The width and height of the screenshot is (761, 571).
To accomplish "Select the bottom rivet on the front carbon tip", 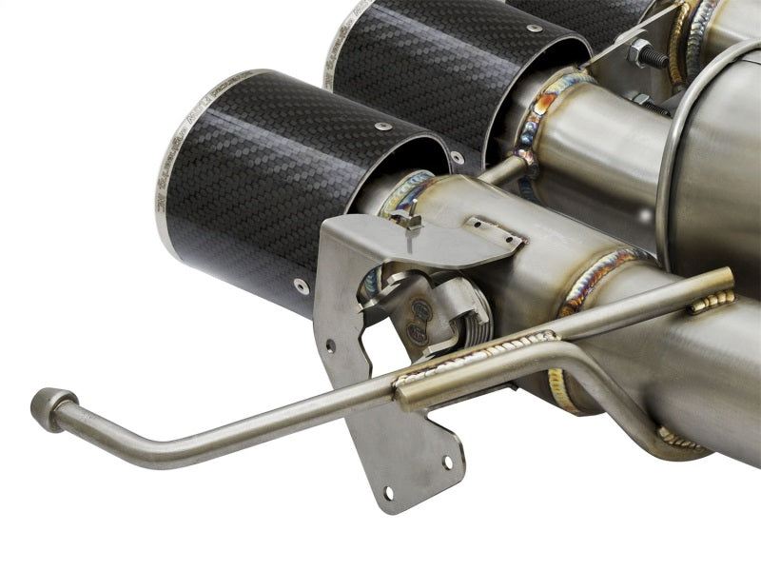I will click(302, 285).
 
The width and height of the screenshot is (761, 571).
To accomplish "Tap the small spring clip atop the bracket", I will click(410, 222).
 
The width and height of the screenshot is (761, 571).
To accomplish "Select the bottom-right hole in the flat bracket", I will click(447, 463).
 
